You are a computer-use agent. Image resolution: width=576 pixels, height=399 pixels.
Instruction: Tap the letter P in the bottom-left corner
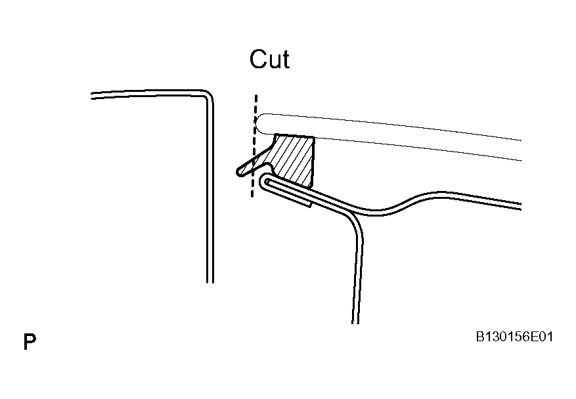click(30, 342)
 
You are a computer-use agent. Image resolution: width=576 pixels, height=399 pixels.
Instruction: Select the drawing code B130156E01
click(514, 337)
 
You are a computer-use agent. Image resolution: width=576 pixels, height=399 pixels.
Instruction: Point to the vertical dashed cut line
click(254, 146)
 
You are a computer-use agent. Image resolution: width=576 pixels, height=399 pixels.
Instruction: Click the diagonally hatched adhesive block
click(292, 159)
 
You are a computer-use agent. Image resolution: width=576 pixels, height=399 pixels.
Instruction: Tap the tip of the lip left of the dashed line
click(240, 171)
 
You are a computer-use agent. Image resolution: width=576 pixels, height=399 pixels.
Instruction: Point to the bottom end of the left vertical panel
click(210, 282)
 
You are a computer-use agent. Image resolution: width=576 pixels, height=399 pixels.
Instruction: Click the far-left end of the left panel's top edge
click(92, 96)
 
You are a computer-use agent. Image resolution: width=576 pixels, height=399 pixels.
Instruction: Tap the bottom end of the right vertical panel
click(355, 322)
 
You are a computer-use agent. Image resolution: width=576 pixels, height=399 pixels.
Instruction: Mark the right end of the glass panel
click(521, 150)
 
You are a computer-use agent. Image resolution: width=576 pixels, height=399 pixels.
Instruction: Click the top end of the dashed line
click(256, 96)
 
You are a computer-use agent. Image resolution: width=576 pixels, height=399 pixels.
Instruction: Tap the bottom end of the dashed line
click(252, 196)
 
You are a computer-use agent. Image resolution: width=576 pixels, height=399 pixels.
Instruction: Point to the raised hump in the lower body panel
click(441, 194)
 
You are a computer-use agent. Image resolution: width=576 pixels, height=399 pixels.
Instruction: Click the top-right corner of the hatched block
click(314, 137)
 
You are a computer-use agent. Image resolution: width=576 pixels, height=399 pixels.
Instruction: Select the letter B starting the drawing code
click(480, 337)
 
